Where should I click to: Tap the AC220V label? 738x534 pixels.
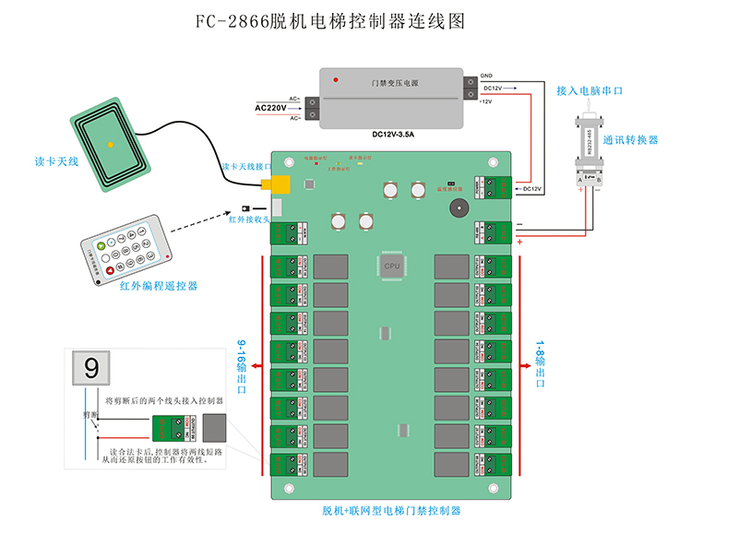pos(269,108)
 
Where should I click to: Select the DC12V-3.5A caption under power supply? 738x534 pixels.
pos(394,134)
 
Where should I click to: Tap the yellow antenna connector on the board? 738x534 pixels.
pos(276,184)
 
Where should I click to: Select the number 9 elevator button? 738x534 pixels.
pos(91,369)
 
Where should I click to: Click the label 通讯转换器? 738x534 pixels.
pos(631,139)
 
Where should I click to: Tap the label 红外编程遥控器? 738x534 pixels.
pos(159,287)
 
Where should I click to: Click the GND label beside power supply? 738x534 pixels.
pos(487,77)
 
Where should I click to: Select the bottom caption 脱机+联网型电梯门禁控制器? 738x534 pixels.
pos(391,510)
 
